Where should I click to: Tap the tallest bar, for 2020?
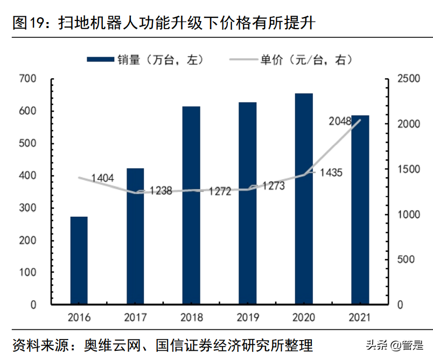pos(304,199)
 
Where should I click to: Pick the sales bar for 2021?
pos(360,210)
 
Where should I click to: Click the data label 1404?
pos(102,177)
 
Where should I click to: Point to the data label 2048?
pos(340,121)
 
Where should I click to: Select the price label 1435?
pos(331,172)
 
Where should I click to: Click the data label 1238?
pos(161,190)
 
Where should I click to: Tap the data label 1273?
pos(274,186)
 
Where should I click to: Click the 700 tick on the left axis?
pos(27,79)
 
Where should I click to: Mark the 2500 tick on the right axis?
pos(408,79)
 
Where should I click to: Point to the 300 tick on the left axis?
pos(27,208)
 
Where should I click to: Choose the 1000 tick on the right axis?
pos(408,214)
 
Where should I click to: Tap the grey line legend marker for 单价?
pos(243,59)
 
